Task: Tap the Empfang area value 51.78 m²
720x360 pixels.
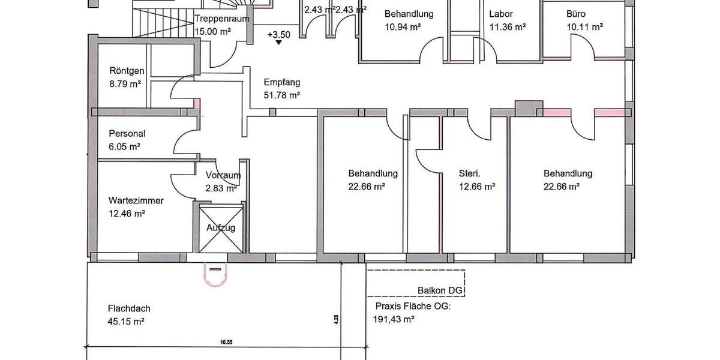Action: tap(282, 95)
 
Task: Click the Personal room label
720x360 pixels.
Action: tap(127, 134)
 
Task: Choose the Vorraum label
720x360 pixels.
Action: tap(223, 176)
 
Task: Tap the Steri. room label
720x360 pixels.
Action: tap(470, 174)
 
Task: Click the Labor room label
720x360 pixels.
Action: tap(501, 14)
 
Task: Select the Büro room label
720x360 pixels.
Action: tap(576, 14)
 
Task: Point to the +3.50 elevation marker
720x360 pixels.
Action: tap(279, 34)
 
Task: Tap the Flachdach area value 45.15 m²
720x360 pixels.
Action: tap(126, 321)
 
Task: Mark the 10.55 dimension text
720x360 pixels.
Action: tap(226, 342)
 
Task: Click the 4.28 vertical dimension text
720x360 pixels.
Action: tap(337, 319)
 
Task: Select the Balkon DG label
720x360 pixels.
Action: tap(441, 291)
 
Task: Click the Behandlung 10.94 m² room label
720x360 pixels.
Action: tap(409, 14)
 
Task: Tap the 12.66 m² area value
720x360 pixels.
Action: tap(477, 187)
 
